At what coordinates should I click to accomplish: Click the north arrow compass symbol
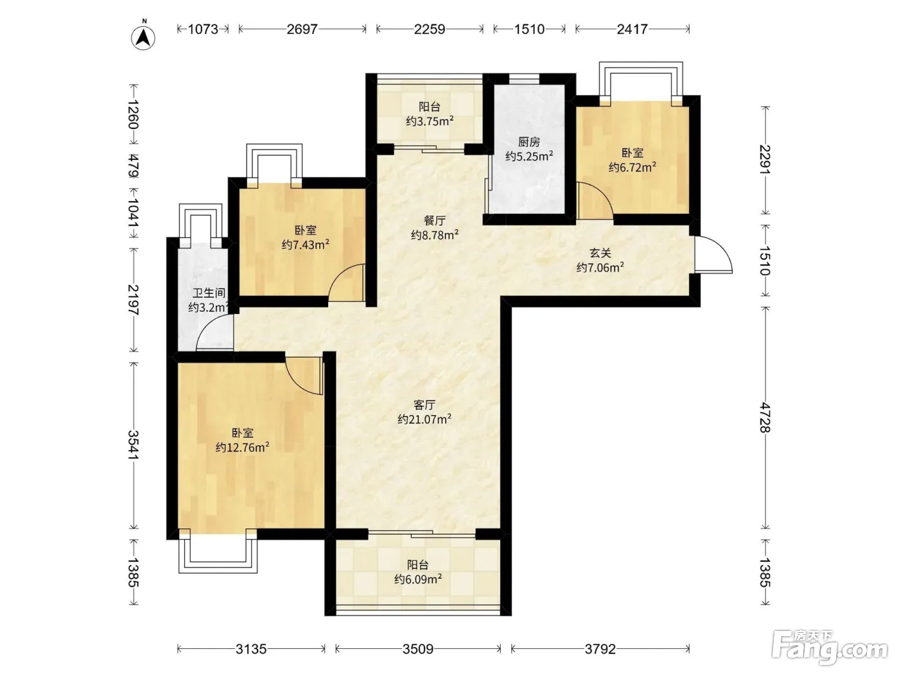[143, 37]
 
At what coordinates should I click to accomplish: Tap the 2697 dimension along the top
[302, 29]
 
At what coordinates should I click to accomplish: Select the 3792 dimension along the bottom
[600, 648]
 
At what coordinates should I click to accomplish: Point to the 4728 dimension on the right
[765, 417]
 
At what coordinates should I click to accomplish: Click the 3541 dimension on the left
[134, 445]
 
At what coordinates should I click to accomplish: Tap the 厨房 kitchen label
[528, 142]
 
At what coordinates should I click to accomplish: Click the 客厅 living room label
[424, 405]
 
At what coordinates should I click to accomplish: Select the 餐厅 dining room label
[435, 221]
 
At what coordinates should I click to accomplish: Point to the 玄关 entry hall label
[600, 254]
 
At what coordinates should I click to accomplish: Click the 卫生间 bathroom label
[209, 293]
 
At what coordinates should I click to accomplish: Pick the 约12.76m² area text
[243, 447]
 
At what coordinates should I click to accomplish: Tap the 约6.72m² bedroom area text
[633, 167]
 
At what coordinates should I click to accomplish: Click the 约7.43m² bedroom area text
[306, 245]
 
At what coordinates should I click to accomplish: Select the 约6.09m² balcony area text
[418, 579]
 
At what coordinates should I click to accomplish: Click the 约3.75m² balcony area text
[430, 121]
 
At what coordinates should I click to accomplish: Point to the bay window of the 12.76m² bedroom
[218, 553]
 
